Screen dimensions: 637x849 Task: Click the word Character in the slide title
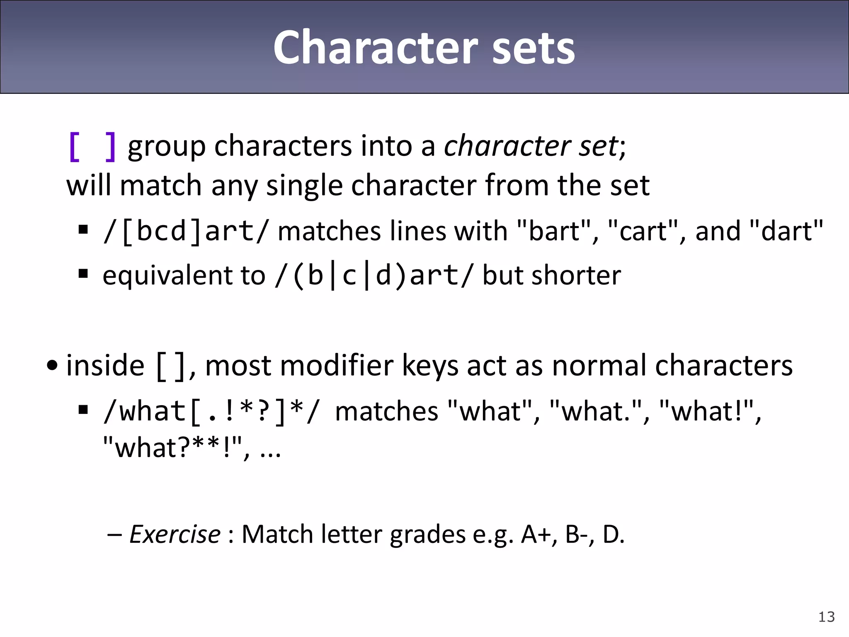coord(376,48)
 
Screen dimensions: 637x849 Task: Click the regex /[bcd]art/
coord(185,231)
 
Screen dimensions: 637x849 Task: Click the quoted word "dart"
coord(786,231)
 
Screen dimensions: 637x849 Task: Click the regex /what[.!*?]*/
coord(211,411)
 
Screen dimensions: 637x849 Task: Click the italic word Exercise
coord(175,534)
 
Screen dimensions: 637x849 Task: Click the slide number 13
coord(826,617)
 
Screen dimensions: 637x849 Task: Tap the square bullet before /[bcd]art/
coord(83,229)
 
